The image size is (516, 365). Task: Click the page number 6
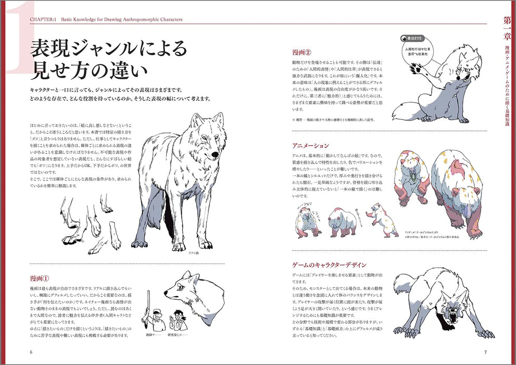click(x=31, y=351)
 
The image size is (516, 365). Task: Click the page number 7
click(x=484, y=351)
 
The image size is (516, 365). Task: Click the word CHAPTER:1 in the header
click(x=39, y=20)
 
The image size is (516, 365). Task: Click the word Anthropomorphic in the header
click(x=137, y=20)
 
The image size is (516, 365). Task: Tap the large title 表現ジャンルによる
click(x=108, y=49)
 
